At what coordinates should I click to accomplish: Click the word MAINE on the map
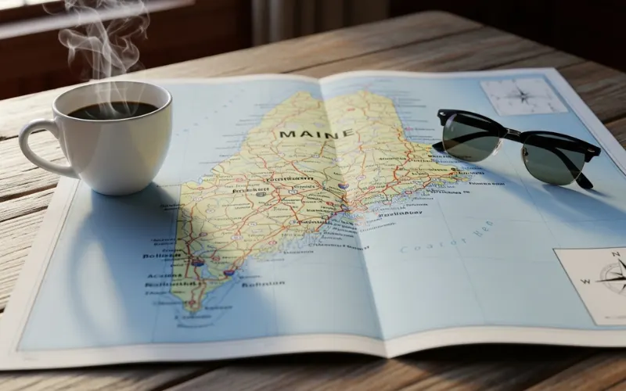point(315,135)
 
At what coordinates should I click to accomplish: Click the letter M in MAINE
point(286,135)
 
